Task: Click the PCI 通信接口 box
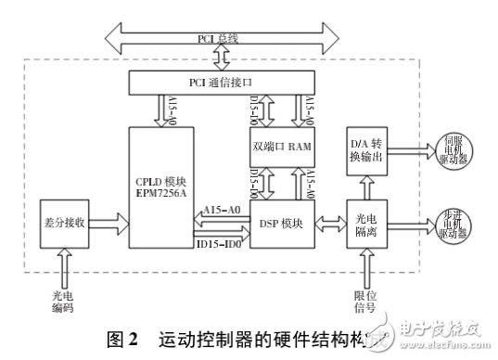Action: click(222, 84)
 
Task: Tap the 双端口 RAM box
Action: click(280, 147)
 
